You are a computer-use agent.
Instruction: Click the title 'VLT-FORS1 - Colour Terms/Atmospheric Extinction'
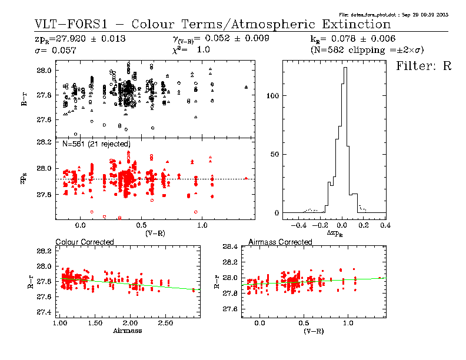[213, 25]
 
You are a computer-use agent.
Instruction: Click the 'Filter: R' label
[424, 66]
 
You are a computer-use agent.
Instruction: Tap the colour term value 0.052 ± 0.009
[236, 39]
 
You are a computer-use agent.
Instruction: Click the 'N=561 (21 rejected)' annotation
[96, 144]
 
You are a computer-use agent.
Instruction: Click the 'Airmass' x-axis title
[127, 331]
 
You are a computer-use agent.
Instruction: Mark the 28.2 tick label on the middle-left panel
[45, 142]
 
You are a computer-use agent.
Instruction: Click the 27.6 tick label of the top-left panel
[45, 120]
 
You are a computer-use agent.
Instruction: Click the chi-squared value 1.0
[203, 51]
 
